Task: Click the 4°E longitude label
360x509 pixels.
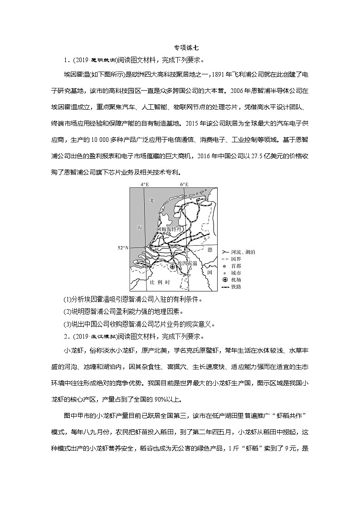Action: click(x=145, y=184)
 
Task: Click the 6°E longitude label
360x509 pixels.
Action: click(x=184, y=184)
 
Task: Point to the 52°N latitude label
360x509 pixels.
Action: click(x=123, y=248)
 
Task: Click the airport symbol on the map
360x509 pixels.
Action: click(x=172, y=267)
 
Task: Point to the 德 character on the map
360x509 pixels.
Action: click(x=209, y=250)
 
